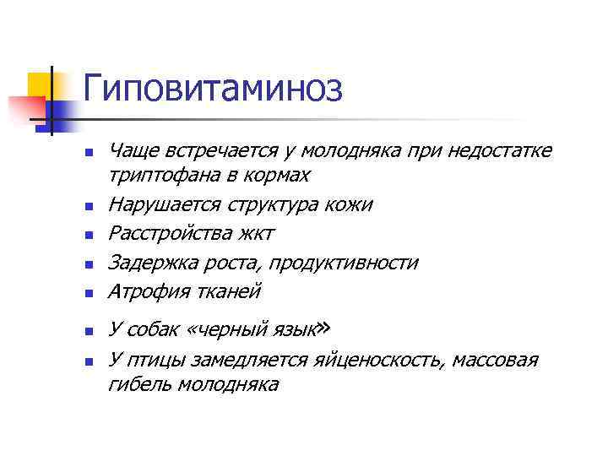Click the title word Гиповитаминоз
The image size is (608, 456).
pyautogui.click(x=213, y=88)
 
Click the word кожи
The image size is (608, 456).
pyautogui.click(x=351, y=204)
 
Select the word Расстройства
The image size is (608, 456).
pyautogui.click(x=167, y=233)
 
